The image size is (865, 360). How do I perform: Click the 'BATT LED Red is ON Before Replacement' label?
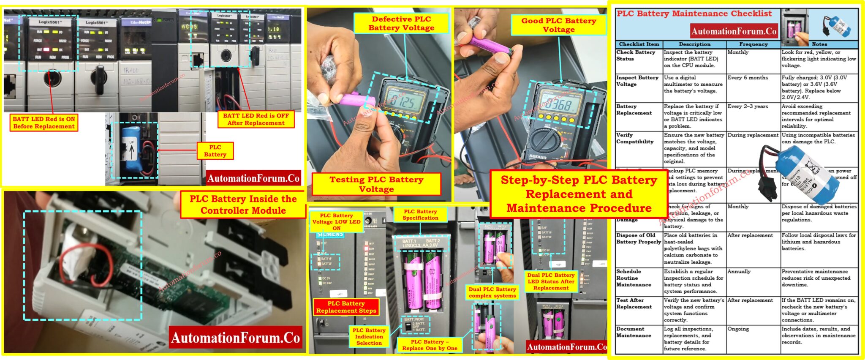44,123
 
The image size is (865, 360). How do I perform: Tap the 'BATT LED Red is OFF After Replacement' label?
256,119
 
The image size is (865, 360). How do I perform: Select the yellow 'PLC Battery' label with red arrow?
215,151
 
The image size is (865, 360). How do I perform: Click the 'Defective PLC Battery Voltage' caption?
401,23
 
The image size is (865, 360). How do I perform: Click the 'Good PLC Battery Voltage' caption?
558,25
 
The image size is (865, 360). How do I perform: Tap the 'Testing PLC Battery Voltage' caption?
376,184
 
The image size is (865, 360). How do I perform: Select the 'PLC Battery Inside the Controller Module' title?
243,205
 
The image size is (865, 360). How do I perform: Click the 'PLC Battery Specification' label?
420,215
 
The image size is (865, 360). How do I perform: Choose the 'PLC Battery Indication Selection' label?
369,336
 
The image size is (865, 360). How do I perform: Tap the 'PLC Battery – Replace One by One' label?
430,345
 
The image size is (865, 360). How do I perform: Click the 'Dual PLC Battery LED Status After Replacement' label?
551,281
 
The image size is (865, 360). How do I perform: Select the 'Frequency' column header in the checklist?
753,44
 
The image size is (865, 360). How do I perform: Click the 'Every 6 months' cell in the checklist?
748,78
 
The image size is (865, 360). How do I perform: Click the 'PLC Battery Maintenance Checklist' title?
694,14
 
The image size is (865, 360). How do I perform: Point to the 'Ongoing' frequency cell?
738,329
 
